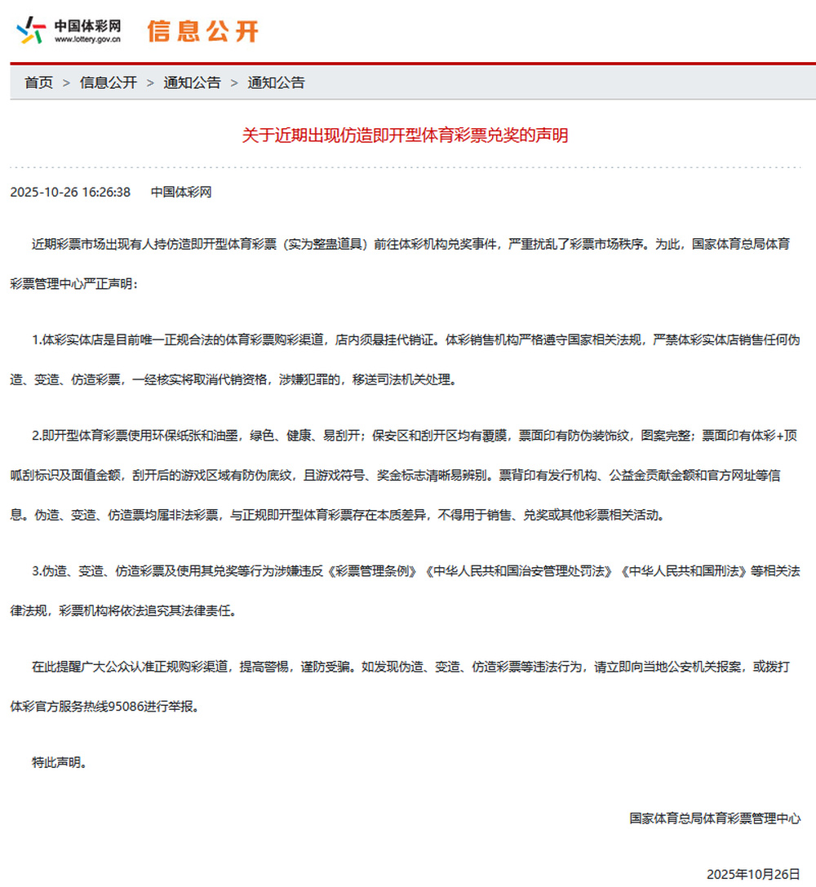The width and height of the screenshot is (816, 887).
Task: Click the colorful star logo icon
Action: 30,31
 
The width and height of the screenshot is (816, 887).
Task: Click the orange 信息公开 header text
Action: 202,31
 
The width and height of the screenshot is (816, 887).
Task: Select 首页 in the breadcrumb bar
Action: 38,82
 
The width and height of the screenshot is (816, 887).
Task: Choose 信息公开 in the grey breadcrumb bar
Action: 109,82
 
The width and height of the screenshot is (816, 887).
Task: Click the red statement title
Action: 406,135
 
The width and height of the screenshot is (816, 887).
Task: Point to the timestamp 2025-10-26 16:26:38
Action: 70,193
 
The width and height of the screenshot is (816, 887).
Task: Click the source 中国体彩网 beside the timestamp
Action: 181,193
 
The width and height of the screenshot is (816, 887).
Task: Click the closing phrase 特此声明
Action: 58,764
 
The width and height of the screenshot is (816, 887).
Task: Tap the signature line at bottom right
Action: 715,818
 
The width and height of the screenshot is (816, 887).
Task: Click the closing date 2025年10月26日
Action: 753,874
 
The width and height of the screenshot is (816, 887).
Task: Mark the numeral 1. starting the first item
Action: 37,340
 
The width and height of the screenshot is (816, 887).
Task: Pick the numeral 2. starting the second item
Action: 37,436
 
